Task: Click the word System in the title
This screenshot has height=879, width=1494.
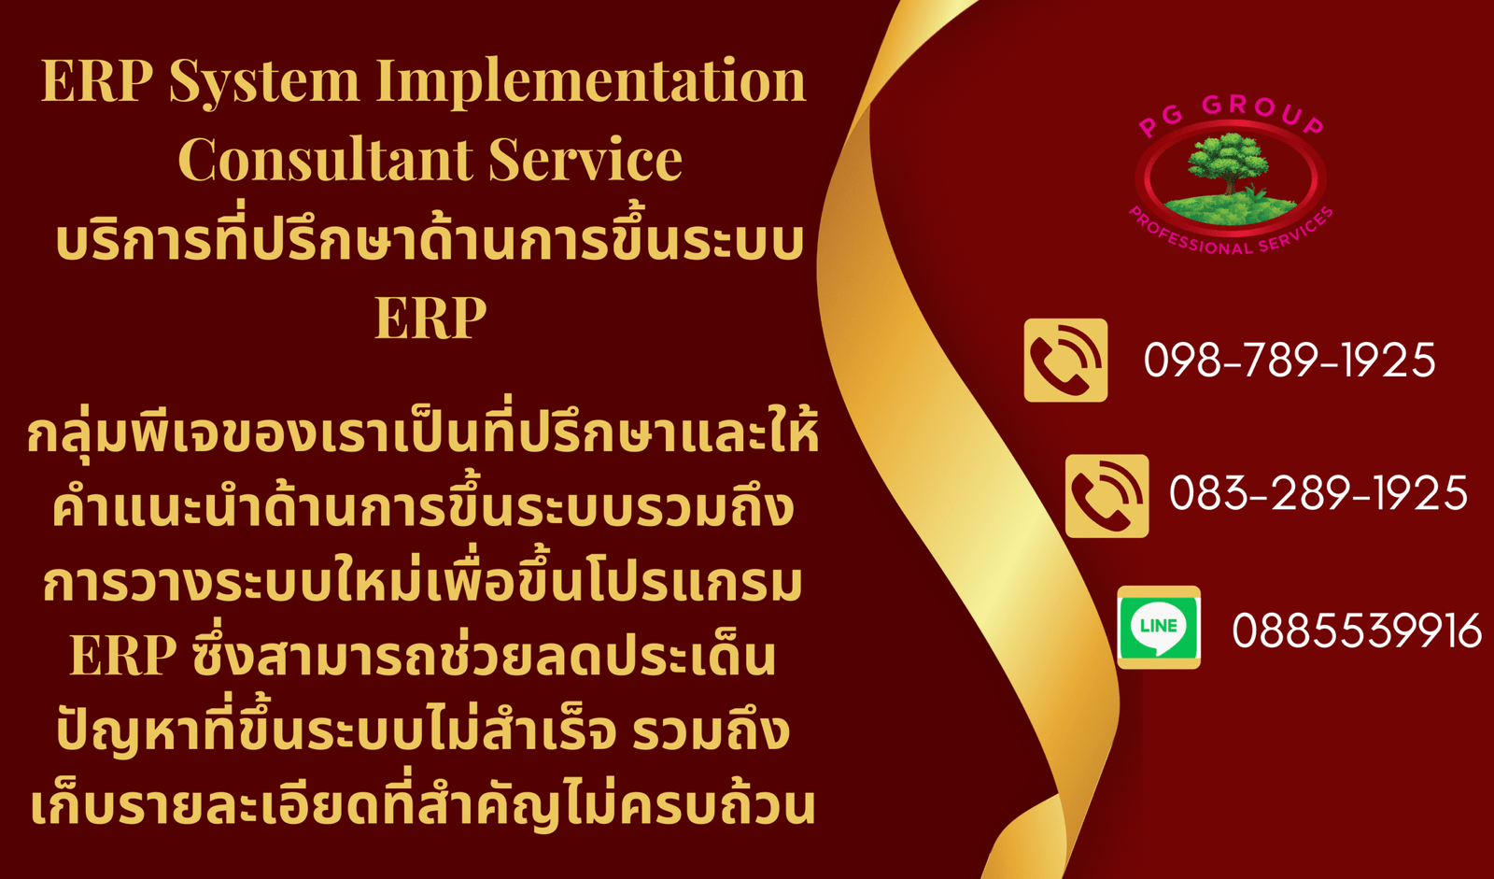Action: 264,83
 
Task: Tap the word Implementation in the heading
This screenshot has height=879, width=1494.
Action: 591,83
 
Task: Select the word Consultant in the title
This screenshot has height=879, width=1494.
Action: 324,159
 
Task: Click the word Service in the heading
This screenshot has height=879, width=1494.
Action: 585,159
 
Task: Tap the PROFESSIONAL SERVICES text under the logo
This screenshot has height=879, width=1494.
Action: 1232,234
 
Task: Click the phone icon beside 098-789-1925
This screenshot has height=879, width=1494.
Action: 1065,361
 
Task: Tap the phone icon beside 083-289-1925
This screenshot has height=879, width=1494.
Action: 1107,496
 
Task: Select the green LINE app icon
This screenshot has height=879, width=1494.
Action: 1159,628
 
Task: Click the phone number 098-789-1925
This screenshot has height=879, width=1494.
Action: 1290,361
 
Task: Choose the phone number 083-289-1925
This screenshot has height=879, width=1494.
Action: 1318,494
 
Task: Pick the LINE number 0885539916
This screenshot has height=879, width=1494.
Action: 1357,631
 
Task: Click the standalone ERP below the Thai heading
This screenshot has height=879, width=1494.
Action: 430,318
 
